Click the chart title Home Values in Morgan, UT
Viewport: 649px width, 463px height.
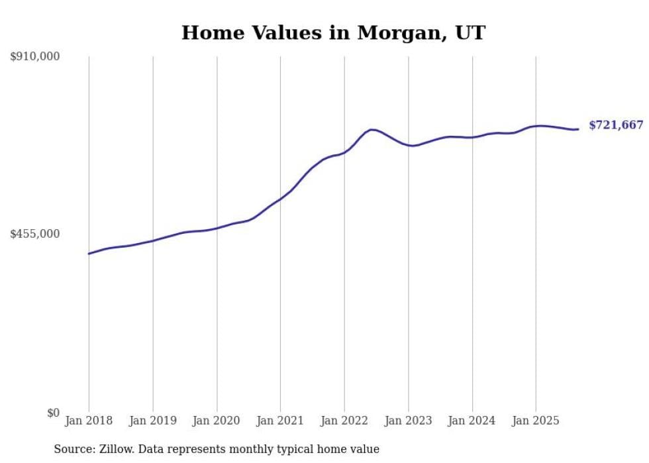pos(333,32)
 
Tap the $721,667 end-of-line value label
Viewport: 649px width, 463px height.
pos(615,125)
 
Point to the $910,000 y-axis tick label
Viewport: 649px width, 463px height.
pos(35,57)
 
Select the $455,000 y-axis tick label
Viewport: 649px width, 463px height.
pos(35,234)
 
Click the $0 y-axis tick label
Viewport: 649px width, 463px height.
pos(52,413)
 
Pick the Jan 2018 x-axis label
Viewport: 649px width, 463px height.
pos(89,421)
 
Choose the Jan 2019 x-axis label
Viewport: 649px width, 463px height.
pos(153,421)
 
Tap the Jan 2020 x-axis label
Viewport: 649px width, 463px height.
pos(217,421)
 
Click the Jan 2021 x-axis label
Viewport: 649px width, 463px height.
pos(280,421)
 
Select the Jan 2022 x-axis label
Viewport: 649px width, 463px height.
pos(344,421)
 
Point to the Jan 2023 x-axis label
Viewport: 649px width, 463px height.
pos(409,421)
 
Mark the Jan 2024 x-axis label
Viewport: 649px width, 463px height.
pos(472,421)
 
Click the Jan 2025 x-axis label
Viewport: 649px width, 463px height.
pos(536,421)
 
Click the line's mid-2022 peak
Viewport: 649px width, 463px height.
pos(372,129)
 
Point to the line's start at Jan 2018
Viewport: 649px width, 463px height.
pos(89,254)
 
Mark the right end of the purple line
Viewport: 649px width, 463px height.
pos(578,129)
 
